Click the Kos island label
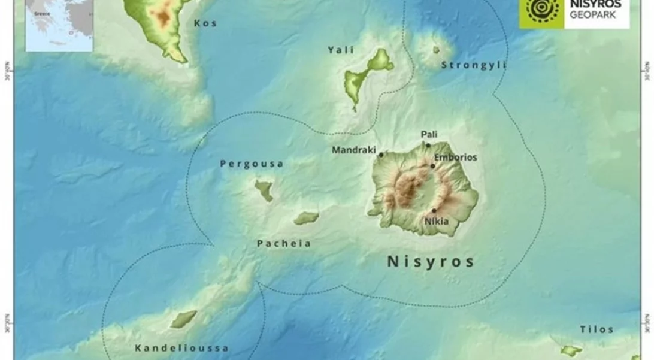point(205,23)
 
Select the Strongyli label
point(474,65)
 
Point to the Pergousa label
point(252,164)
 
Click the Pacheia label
point(284,244)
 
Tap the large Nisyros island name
point(431,262)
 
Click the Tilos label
point(597,329)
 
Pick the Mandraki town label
point(355,150)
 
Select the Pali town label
point(429,134)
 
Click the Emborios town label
point(456,158)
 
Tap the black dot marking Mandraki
point(381,155)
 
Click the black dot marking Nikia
point(434,211)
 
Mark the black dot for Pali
point(428,145)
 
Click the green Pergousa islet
point(264,190)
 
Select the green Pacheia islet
point(306,218)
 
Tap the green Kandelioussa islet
point(183,319)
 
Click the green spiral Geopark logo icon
point(541,11)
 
